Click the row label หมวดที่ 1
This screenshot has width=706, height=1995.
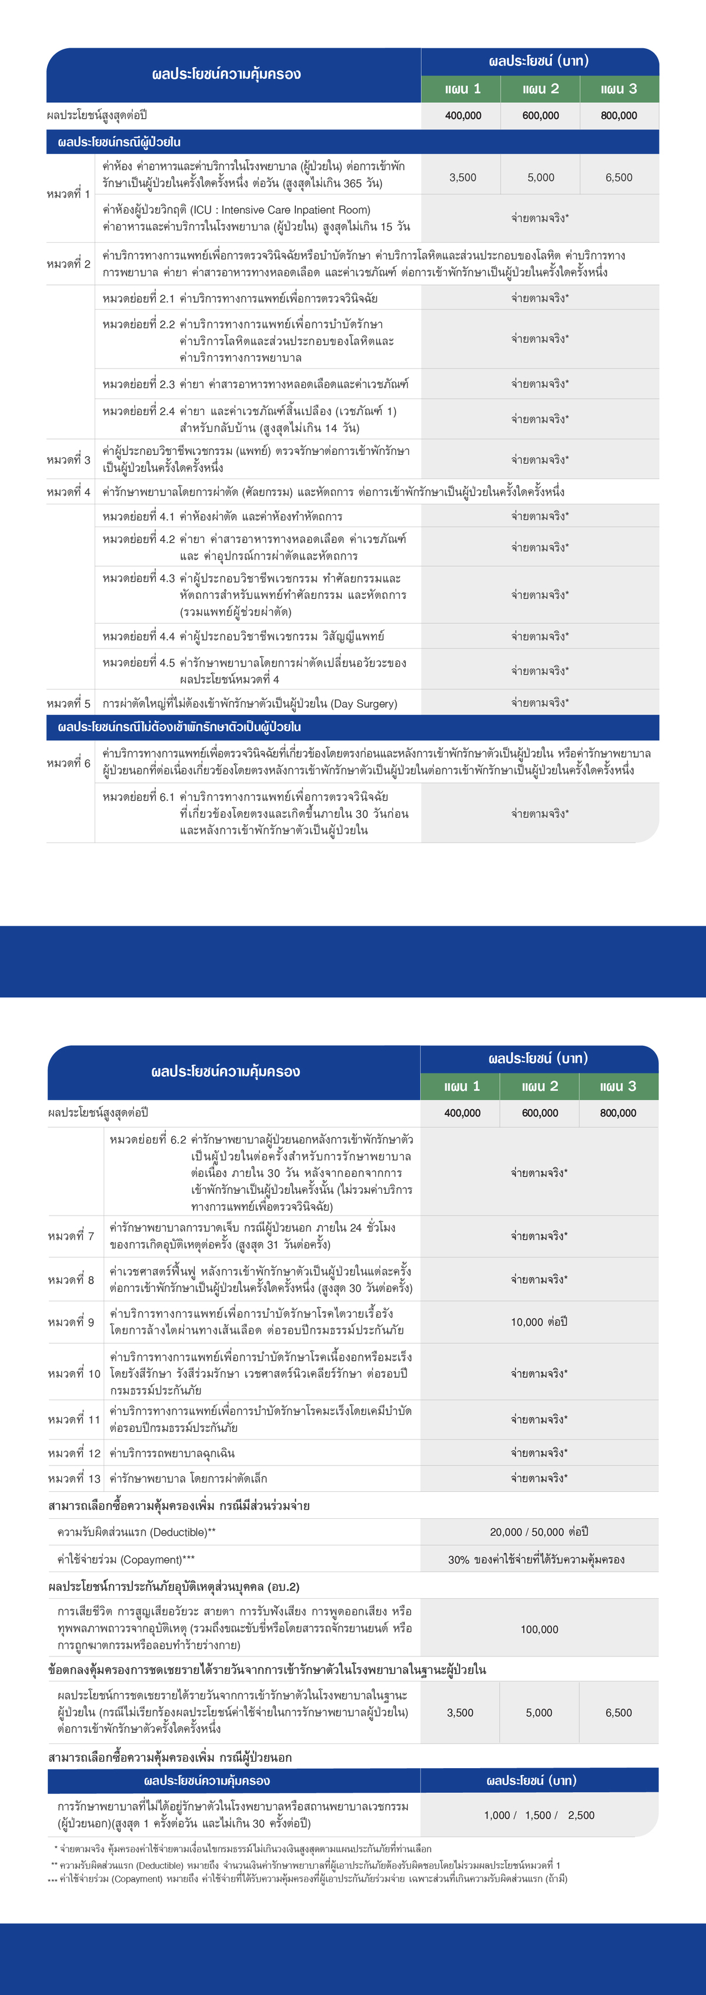coord(68,193)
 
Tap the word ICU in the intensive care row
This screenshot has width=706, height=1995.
coord(201,210)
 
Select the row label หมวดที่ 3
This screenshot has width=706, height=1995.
coord(68,460)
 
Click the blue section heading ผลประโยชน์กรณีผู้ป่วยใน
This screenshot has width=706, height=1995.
coord(119,142)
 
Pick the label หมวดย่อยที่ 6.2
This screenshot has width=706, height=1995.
coord(147,1139)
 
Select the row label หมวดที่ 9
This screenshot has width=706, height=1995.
coord(71,1322)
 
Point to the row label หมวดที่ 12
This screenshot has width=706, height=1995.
coord(74,1453)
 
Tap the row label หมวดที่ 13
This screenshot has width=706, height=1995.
coord(74,1478)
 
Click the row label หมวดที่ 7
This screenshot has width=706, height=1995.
coord(71,1236)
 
